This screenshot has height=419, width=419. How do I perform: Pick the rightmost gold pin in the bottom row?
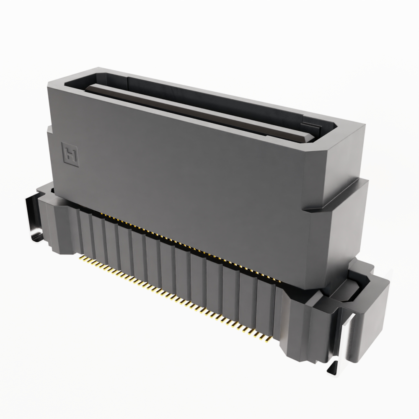coord(266,338)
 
